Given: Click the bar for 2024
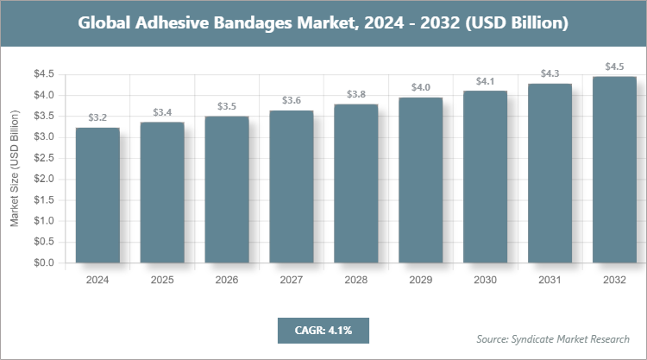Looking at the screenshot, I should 97,195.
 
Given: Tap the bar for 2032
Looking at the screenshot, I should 614,169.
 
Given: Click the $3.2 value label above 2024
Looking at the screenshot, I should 97,117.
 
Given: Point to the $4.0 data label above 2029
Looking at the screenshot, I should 421,87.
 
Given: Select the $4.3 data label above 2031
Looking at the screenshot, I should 550,73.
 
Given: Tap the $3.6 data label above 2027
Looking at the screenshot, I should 292,100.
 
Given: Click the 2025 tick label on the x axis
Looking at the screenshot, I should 162,281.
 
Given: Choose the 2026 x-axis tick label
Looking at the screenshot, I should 227,281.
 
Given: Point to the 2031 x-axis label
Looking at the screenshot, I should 550,281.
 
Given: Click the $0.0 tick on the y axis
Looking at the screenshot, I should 43,262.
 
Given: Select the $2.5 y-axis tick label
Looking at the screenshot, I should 43,158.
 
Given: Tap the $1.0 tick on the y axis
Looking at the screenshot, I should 43,221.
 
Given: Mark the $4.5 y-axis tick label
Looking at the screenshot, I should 43,74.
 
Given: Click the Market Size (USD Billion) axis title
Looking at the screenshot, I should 15,168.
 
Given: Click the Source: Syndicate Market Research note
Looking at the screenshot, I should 553,338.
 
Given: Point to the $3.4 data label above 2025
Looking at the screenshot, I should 162,112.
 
